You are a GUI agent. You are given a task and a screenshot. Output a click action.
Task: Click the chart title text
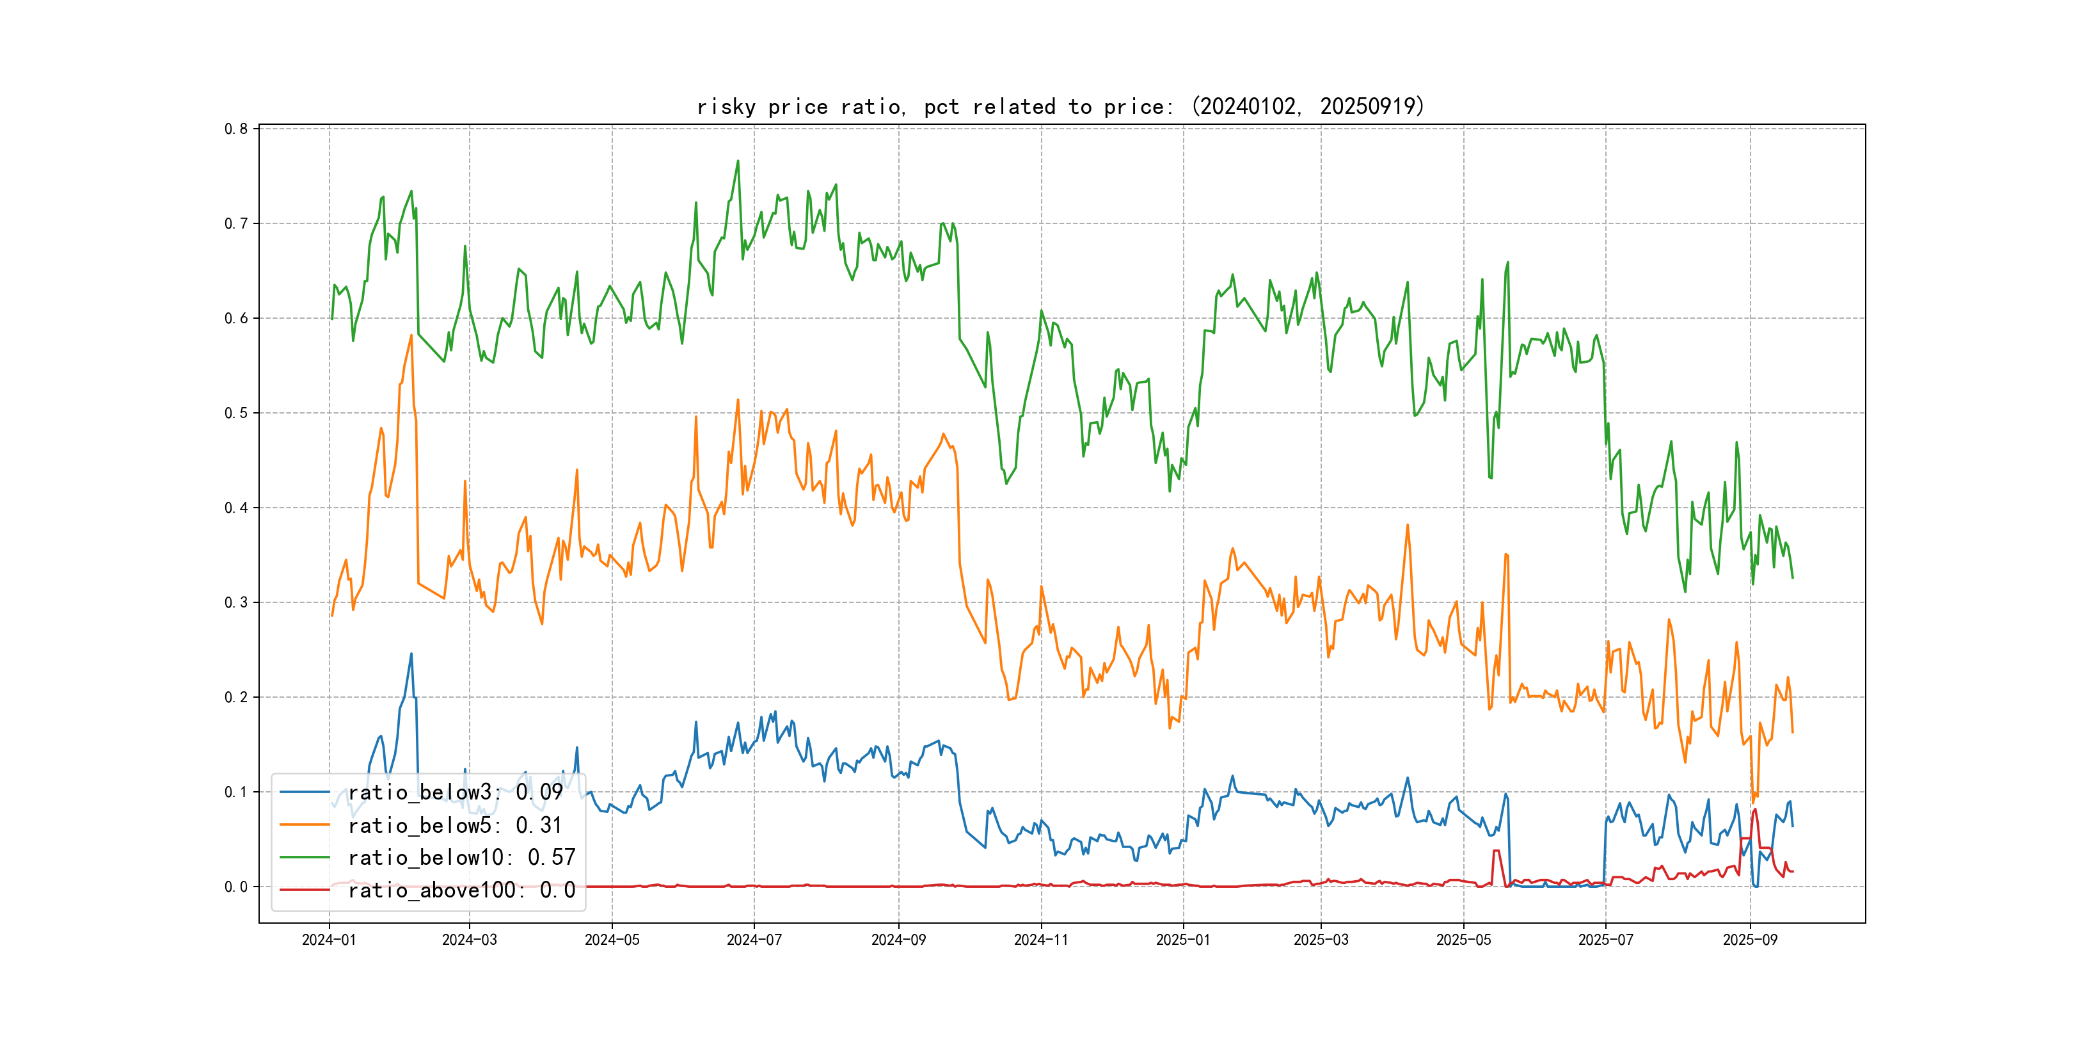[x=1060, y=106]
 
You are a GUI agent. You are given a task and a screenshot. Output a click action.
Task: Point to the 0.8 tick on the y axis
[x=236, y=129]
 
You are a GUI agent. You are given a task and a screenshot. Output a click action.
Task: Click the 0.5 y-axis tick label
[x=236, y=413]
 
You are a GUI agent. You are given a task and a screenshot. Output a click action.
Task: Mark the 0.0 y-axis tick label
[x=236, y=887]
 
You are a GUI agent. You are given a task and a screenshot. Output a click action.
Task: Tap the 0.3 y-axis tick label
[x=236, y=602]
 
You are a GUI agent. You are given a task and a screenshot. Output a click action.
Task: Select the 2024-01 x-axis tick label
[x=328, y=940]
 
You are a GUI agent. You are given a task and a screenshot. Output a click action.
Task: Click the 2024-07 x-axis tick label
[x=754, y=940]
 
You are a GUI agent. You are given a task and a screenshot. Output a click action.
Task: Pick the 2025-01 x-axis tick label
[x=1183, y=940]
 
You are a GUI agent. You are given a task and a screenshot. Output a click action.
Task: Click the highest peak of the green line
[x=737, y=161]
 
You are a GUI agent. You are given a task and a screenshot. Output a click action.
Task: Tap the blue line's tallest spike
[x=411, y=654]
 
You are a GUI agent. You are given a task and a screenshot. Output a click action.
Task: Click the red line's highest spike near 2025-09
[x=1755, y=810]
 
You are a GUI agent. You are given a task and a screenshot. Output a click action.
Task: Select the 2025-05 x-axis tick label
[x=1463, y=940]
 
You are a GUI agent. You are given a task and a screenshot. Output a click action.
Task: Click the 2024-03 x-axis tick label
[x=469, y=940]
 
